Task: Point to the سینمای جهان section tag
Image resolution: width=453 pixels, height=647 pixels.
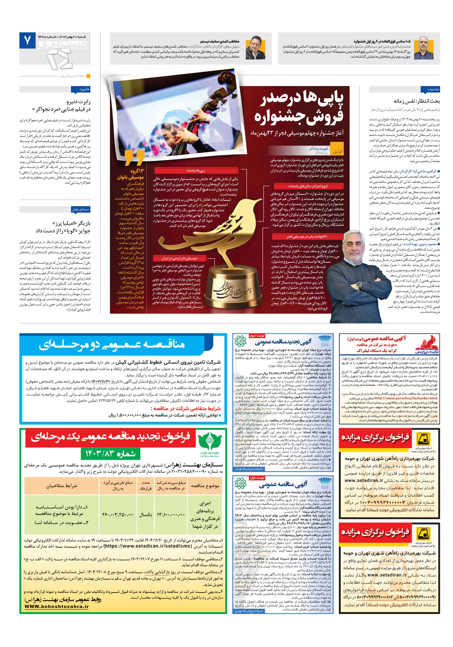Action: (x=81, y=209)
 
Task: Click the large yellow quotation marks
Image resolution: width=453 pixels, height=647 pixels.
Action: (x=134, y=158)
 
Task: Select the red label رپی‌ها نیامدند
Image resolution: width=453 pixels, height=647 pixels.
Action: (x=196, y=170)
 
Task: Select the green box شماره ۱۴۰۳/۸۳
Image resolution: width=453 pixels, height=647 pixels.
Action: (x=110, y=453)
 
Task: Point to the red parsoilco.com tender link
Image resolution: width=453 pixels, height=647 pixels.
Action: (x=406, y=398)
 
